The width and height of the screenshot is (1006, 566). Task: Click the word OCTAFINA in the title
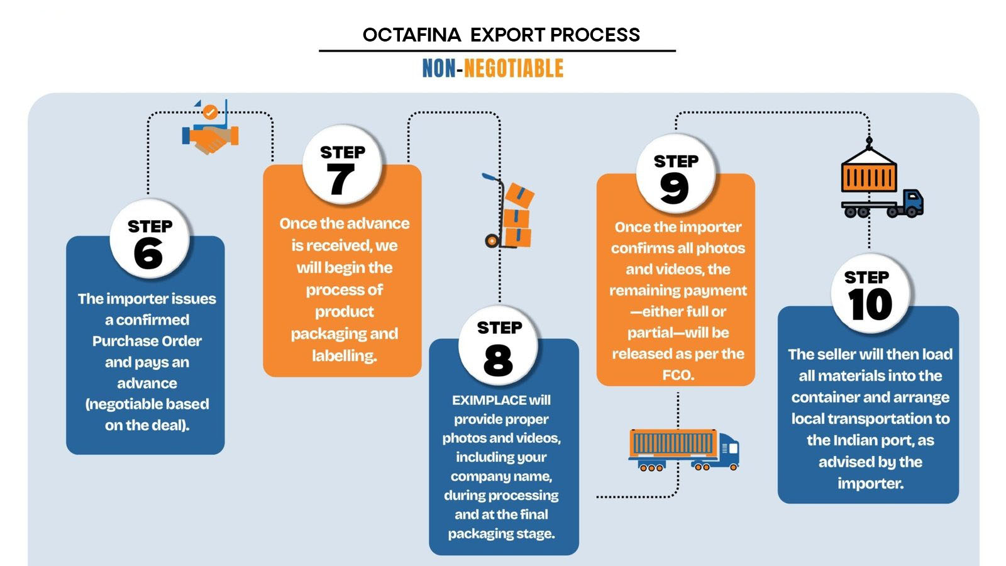click(412, 35)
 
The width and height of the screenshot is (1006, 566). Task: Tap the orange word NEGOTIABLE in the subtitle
click(513, 69)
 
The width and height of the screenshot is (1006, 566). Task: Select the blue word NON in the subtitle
click(439, 69)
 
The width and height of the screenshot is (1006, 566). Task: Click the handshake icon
click(210, 138)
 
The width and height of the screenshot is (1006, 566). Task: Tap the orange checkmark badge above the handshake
click(210, 112)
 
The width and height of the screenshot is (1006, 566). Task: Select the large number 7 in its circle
click(340, 179)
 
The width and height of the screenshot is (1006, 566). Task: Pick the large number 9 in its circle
click(674, 189)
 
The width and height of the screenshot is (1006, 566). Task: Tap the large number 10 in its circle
click(870, 304)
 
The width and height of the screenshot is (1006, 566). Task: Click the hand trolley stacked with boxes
click(509, 211)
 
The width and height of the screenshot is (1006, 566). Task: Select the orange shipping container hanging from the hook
click(869, 170)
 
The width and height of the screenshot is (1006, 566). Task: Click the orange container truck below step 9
click(683, 450)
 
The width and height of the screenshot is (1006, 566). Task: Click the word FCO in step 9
click(678, 375)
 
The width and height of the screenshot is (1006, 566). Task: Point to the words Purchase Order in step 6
click(147, 341)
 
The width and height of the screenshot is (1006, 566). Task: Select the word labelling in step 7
click(345, 356)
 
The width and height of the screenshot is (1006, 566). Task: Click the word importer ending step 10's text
click(870, 484)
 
